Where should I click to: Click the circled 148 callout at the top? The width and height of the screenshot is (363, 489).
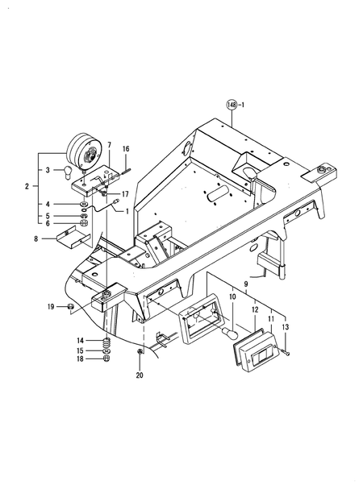[x=232, y=106]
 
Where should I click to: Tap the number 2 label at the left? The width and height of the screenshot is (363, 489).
[x=27, y=187]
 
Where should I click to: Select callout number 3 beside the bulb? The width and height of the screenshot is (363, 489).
[x=48, y=170]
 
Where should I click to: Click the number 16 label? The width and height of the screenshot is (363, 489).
[x=126, y=150]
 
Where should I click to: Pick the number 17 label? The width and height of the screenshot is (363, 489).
[x=126, y=194]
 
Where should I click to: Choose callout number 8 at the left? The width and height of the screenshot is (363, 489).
[x=35, y=238]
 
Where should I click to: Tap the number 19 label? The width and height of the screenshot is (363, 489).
[x=50, y=307]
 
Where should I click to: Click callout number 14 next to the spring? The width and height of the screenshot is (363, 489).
[x=80, y=340]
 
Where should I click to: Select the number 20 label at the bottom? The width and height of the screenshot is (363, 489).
[x=140, y=375]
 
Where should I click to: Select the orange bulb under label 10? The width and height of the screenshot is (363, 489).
[x=228, y=332]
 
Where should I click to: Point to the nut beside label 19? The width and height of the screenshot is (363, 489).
[x=71, y=308]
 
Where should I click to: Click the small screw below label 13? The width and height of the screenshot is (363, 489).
[x=287, y=352]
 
